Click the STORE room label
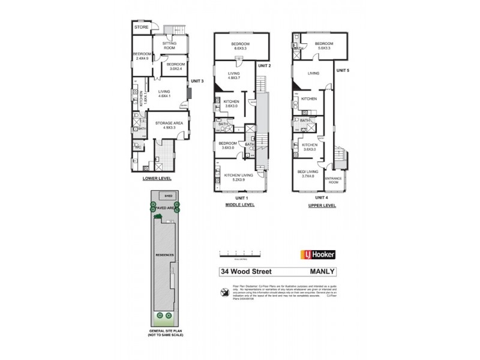(x=141, y=28)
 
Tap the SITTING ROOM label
(x=166, y=45)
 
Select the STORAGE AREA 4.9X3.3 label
(x=170, y=125)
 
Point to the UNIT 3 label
(x=198, y=80)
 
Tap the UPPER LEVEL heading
(x=322, y=205)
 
